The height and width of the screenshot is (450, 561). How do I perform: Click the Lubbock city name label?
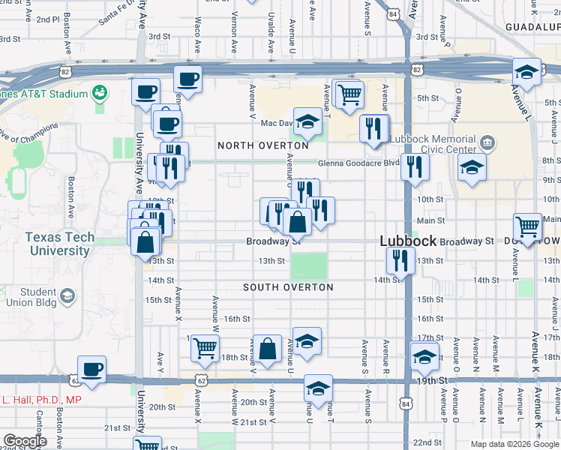[x=408, y=241]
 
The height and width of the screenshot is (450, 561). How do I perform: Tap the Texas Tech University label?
[x=59, y=244]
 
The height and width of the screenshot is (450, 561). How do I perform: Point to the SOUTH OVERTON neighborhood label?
[x=288, y=287]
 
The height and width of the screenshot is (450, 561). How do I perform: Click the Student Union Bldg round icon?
[x=67, y=297]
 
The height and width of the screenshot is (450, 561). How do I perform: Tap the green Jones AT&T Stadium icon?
[x=98, y=92]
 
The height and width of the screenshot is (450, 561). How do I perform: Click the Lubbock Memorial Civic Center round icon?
[x=486, y=142]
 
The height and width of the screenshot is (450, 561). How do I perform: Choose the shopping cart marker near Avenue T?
[x=349, y=94]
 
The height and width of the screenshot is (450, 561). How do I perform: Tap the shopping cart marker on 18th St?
[x=205, y=347]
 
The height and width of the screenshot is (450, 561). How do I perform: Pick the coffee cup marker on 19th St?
[x=91, y=369]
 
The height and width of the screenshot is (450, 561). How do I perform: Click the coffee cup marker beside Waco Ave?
[x=187, y=78]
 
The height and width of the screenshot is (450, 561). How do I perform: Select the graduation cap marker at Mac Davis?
[x=307, y=121]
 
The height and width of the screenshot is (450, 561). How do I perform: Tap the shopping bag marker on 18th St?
[x=267, y=348]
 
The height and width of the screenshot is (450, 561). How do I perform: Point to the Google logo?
[x=25, y=441]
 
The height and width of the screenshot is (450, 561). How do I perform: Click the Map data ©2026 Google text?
[x=514, y=444]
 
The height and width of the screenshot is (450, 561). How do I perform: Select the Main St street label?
[x=430, y=220]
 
